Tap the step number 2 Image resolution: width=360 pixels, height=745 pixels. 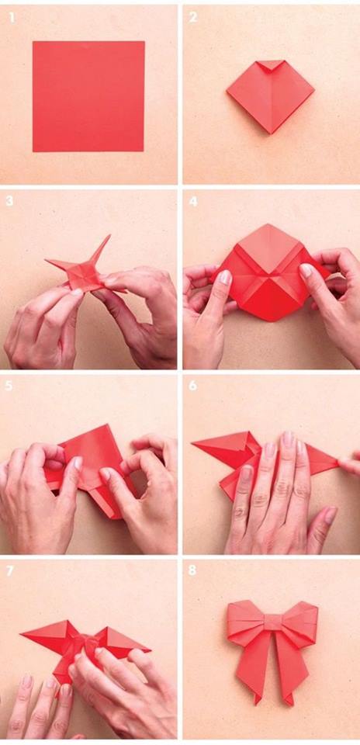click(194, 16)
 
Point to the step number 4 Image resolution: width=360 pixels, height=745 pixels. click(194, 201)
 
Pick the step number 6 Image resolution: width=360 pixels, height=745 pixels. click(194, 385)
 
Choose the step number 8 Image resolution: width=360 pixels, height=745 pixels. click(194, 570)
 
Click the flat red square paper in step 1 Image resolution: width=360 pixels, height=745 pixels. click(88, 96)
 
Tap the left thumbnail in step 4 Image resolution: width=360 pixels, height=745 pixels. click(224, 277)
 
